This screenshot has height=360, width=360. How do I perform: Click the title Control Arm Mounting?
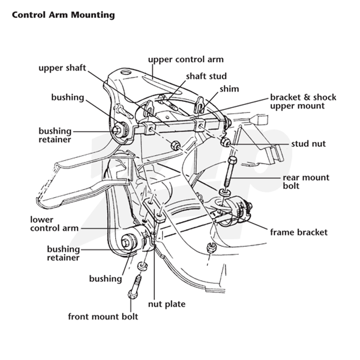[63, 15]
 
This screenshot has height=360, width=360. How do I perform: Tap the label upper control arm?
[186, 59]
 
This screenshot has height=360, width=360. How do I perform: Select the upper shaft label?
[62, 68]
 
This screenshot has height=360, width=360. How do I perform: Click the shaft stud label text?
[206, 76]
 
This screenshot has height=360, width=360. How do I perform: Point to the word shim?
[229, 89]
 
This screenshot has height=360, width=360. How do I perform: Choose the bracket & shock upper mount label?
[303, 102]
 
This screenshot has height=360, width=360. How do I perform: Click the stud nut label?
[308, 144]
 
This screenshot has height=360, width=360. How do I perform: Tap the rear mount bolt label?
[306, 182]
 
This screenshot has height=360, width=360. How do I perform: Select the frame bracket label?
[299, 232]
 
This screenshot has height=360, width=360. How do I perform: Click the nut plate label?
[166, 304]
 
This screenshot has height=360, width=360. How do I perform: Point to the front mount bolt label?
[103, 317]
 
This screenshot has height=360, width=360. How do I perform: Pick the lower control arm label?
[54, 224]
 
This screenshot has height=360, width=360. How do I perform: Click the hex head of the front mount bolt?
[132, 294]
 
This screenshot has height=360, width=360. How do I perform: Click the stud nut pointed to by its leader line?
[225, 142]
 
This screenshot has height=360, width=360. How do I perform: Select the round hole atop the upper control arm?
[126, 72]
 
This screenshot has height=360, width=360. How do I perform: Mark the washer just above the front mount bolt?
[143, 266]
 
